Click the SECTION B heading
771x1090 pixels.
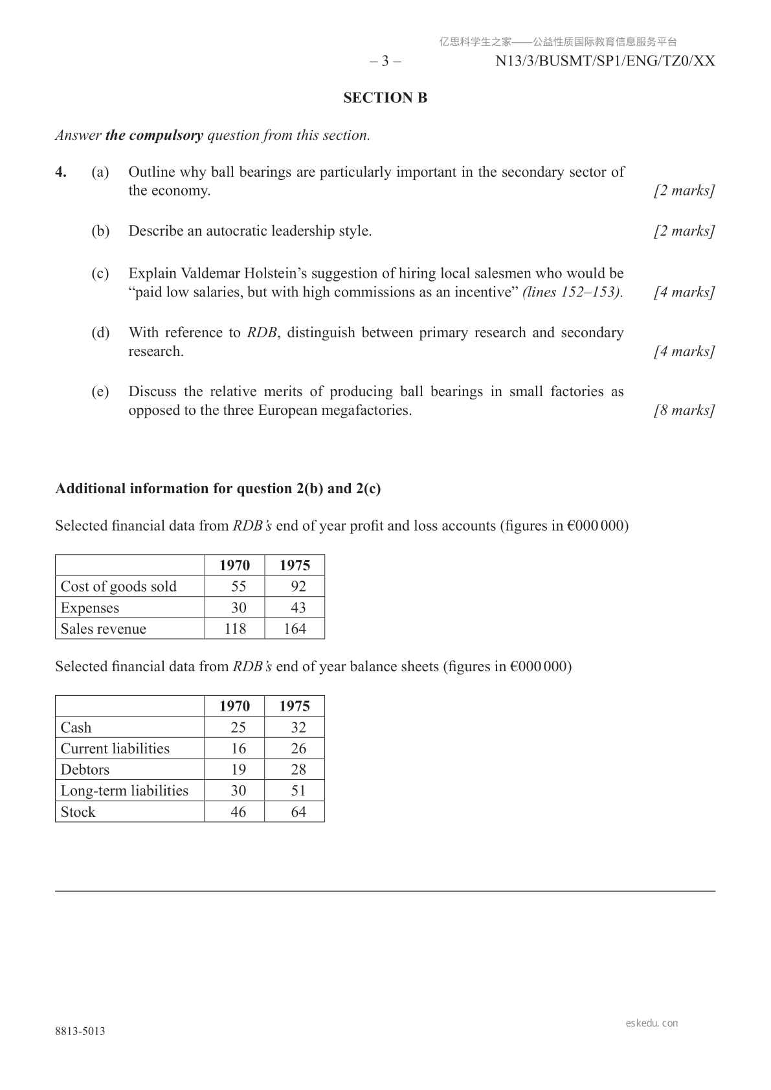click(385, 98)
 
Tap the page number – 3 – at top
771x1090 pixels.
click(385, 61)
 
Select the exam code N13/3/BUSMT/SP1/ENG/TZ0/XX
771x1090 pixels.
click(605, 61)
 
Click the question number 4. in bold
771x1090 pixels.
click(61, 172)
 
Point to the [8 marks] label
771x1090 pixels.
click(684, 410)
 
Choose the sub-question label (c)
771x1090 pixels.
click(100, 274)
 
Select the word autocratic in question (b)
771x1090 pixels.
click(236, 231)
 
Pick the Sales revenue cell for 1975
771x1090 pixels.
click(295, 629)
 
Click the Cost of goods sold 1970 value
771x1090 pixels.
click(238, 586)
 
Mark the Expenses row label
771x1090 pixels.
click(90, 608)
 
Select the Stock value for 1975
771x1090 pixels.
click(298, 812)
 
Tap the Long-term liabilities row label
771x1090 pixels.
click(124, 791)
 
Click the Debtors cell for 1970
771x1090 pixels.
click(238, 770)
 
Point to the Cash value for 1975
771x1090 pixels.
click(298, 728)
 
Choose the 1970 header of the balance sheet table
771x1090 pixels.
click(234, 706)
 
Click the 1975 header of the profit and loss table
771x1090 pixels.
click(295, 565)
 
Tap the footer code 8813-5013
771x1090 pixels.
click(80, 1032)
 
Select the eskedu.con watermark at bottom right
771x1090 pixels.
click(652, 1023)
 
